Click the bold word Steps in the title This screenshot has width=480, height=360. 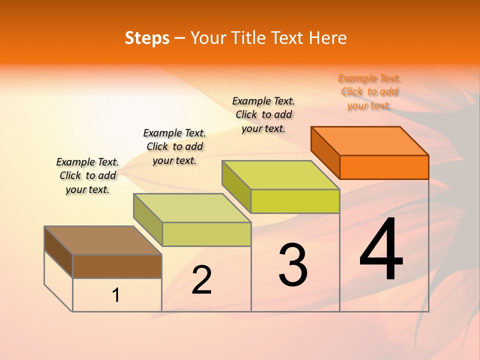click(x=147, y=38)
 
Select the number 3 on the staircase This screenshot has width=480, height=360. click(x=293, y=265)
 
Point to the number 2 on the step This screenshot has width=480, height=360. click(x=201, y=280)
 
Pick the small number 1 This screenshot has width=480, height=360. click(x=116, y=295)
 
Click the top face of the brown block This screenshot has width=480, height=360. click(x=103, y=240)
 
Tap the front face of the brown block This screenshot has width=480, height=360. click(x=117, y=266)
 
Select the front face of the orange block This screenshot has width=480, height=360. click(x=384, y=167)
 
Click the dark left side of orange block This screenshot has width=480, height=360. click(x=325, y=152)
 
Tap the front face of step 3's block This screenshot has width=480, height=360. click(x=295, y=201)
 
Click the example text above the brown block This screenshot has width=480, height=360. click(x=87, y=176)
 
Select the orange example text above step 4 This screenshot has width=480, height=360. click(x=369, y=92)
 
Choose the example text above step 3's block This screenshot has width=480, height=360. click(x=263, y=115)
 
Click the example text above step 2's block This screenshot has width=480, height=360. click(x=174, y=147)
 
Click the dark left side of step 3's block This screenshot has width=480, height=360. click(x=236, y=186)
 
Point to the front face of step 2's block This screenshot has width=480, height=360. click(x=206, y=234)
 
